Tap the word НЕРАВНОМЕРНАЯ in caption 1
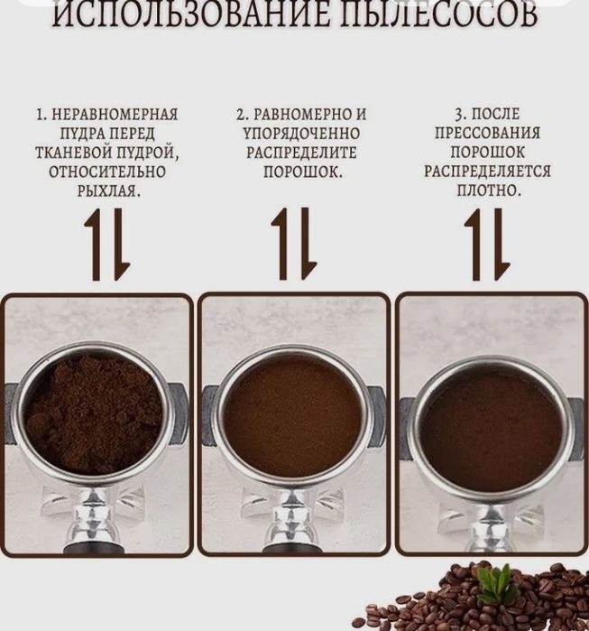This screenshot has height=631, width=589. coord(114,116)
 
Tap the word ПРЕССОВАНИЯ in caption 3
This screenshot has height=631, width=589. coord(487,133)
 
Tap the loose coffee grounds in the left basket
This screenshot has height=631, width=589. coord(94,413)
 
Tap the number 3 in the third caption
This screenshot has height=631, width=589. coord(459,115)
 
